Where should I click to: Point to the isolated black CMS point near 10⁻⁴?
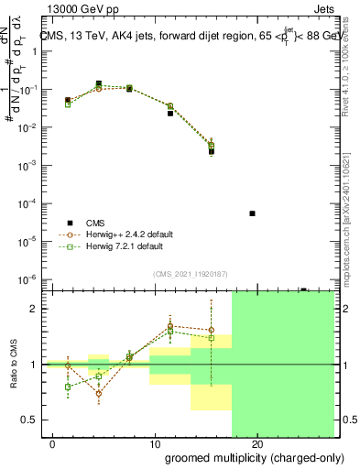point(252,213)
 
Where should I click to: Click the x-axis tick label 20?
point(257,444)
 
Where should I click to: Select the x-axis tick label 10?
point(155,444)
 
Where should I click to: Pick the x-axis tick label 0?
point(53,444)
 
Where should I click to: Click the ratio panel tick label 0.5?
point(30,420)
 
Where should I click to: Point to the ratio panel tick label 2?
point(34,309)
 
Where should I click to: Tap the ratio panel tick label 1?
point(34,365)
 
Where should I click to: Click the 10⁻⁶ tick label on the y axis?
point(28,278)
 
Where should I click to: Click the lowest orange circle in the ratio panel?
point(98,394)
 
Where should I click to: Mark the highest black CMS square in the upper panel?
point(98,83)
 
